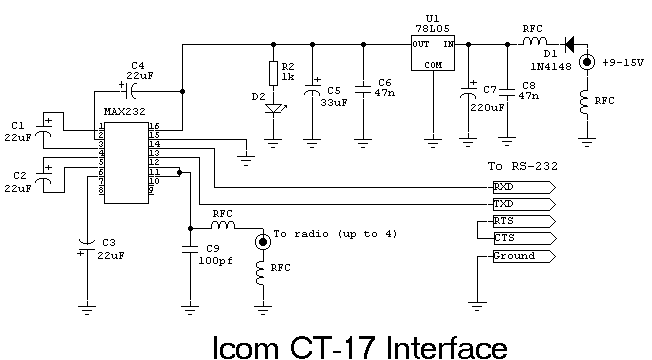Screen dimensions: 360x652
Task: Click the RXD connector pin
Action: [x=520, y=186]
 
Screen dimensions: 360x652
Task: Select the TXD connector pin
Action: [x=520, y=203]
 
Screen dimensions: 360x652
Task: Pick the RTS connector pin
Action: [x=520, y=220]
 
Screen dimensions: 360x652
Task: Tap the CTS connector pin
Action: [x=520, y=237]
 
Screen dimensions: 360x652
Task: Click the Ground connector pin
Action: [x=520, y=256]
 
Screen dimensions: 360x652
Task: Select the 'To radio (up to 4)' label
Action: [x=327, y=233]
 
